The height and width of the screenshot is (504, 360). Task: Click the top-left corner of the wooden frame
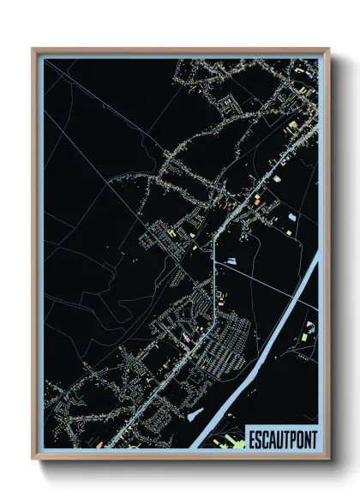tap(33, 49)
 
